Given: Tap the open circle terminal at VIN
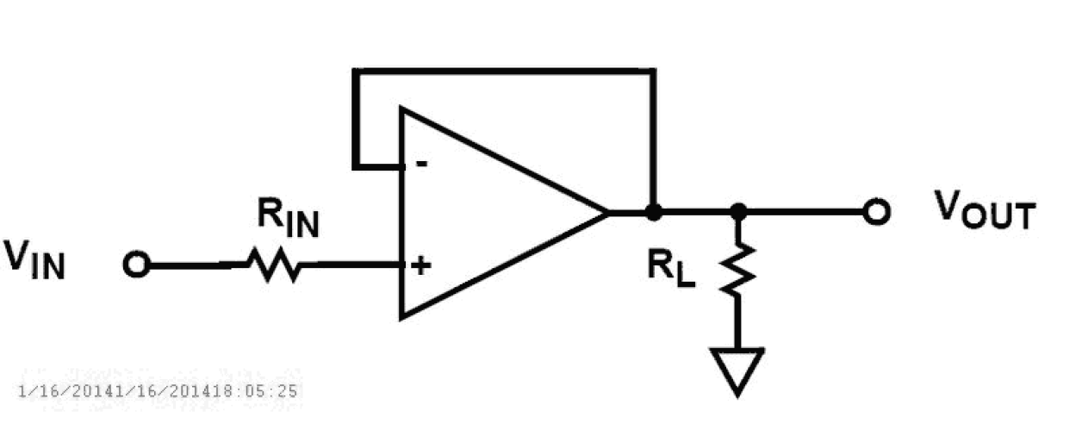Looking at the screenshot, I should click(x=135, y=265).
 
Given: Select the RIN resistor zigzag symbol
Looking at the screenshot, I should click(x=275, y=265).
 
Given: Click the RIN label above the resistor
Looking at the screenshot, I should click(x=288, y=221).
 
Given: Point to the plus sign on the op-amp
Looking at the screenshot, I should click(x=420, y=265).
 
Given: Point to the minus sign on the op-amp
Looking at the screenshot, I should click(x=422, y=164).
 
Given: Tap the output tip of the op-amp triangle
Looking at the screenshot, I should click(x=607, y=211).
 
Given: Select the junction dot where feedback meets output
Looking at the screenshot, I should click(x=654, y=211).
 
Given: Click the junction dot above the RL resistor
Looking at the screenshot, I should click(x=737, y=211).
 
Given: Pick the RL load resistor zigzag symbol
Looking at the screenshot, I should click(x=738, y=269).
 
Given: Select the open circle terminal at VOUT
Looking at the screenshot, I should click(x=876, y=212).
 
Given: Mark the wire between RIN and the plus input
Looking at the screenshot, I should click(x=353, y=265).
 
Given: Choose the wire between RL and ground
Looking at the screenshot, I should click(x=738, y=323).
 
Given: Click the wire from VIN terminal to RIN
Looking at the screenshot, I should click(x=194, y=265).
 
